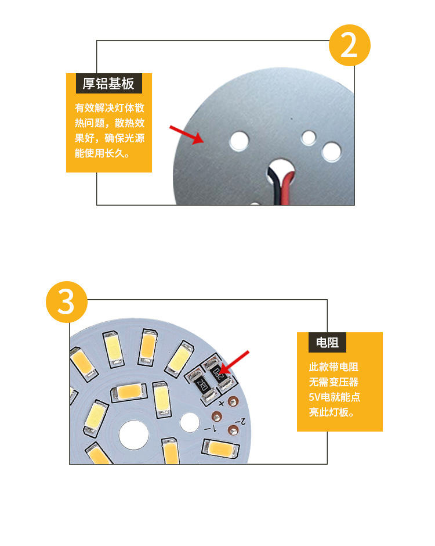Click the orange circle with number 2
pos(349,45)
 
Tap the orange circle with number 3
pos(66,302)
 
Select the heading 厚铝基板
pos(108,84)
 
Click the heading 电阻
pos(327,342)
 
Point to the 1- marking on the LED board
pos(212,429)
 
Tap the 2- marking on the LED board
pos(242,420)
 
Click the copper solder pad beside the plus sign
pos(234,401)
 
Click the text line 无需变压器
pos(333,382)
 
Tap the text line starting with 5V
pos(335,397)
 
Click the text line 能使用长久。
pos(101,154)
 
